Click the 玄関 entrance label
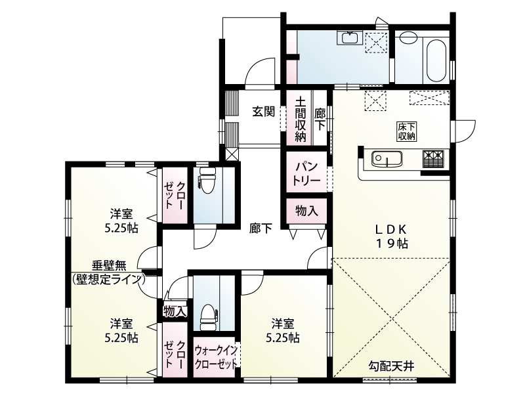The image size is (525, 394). (x=264, y=112)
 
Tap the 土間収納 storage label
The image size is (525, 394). (x=300, y=120)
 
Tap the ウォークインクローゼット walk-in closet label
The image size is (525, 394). (x=216, y=359)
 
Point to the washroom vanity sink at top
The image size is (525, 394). (x=348, y=38)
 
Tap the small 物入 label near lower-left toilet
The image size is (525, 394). (x=175, y=311)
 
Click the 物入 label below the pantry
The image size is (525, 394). (x=306, y=211)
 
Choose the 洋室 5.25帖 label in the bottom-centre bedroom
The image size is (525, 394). (x=283, y=330)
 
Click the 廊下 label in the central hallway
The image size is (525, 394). (x=261, y=229)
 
